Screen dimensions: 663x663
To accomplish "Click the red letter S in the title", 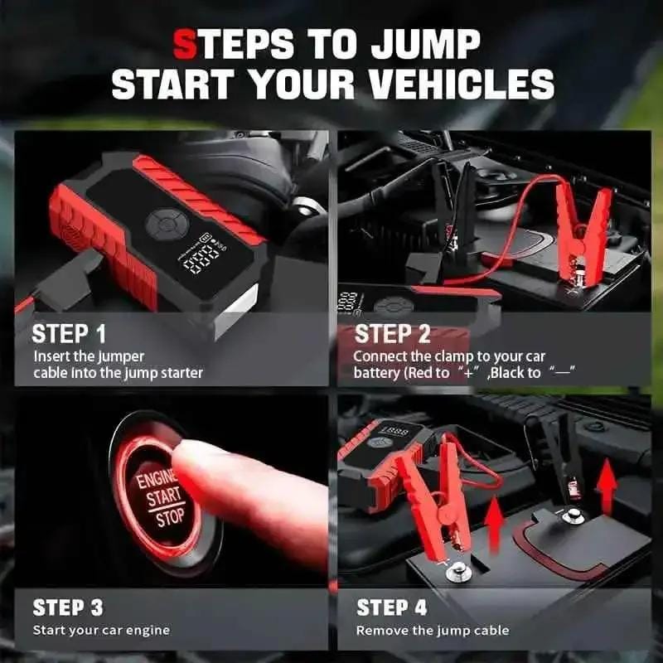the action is point(185,44).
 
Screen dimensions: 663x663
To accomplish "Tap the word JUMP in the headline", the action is point(425,44).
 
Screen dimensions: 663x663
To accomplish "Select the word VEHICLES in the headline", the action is point(462,85).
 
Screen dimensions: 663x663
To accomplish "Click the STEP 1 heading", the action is point(69,334).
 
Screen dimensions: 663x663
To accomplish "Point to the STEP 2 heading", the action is point(392,334).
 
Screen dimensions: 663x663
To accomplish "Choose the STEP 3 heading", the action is point(68,607).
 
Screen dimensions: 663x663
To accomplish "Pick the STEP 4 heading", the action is point(391,607).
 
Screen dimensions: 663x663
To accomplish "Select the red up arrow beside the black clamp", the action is point(607,486).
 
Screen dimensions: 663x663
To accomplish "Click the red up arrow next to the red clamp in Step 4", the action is point(494,524).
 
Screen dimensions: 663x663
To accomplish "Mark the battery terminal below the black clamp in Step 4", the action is point(573,515).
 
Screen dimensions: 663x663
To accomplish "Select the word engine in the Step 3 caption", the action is point(148,631).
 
